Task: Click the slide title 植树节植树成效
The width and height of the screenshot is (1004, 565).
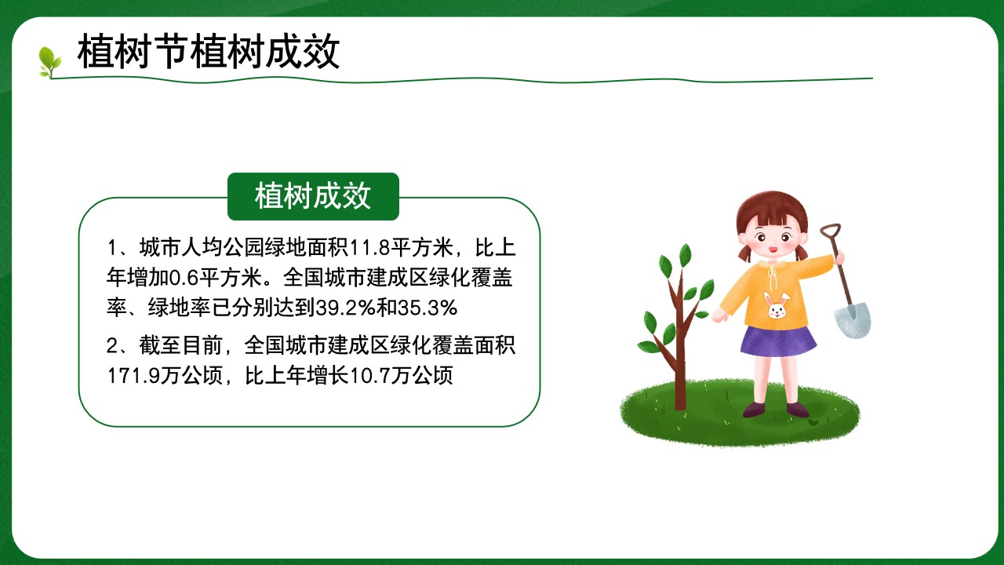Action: pos(209,52)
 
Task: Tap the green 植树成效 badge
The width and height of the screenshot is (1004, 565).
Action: pos(313,196)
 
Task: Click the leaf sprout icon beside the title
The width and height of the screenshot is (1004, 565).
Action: pos(49,62)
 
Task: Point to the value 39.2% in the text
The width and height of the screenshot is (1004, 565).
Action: pos(346,308)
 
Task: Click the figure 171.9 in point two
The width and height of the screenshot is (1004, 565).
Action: pos(133,376)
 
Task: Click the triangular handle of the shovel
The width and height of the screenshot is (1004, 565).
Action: pos(831,231)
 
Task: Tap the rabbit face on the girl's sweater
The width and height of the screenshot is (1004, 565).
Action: pos(777,306)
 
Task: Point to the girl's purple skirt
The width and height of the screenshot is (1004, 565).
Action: pos(778,341)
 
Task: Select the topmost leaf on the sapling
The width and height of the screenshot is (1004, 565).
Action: pos(685,256)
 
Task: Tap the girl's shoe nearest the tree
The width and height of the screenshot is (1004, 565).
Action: pos(755,410)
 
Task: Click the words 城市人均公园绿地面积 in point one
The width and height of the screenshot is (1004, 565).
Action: pos(243,248)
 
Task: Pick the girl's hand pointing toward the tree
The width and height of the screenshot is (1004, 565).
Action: pos(720,315)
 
